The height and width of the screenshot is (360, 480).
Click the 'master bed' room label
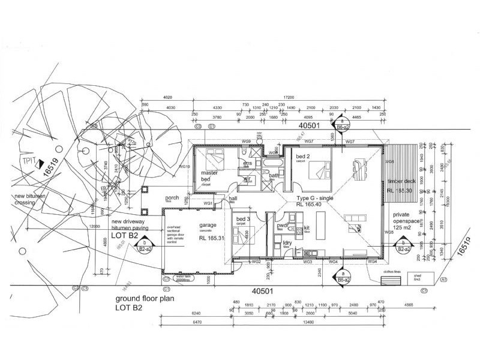click(209, 175)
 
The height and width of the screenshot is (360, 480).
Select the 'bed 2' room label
click(302, 157)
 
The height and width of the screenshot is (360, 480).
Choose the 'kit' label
click(307, 228)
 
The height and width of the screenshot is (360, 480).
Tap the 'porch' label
click(173, 198)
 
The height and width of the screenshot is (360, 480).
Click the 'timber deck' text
click(400, 181)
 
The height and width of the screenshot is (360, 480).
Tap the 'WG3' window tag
click(307, 262)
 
